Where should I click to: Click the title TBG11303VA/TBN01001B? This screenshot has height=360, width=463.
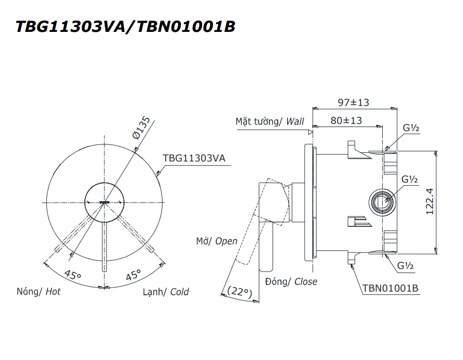point(126,27)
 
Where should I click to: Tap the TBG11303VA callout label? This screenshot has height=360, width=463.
point(194,158)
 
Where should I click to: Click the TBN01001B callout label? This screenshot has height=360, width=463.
point(390,288)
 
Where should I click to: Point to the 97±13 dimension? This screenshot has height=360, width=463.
point(353,102)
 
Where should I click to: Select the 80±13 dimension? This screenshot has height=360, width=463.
point(347,121)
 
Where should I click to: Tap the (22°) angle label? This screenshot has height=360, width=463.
point(238,292)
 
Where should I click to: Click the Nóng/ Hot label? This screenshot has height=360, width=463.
point(39,292)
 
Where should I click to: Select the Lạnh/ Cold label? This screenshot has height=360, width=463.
point(166,292)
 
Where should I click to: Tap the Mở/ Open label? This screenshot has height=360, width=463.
point(217,241)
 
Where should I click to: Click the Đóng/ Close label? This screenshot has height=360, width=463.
point(291,281)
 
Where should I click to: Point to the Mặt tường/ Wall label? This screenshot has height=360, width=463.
point(270,121)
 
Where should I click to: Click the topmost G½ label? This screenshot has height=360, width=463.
point(409,128)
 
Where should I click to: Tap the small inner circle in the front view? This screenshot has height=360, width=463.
point(104,202)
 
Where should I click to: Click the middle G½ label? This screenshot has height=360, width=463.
point(409,179)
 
